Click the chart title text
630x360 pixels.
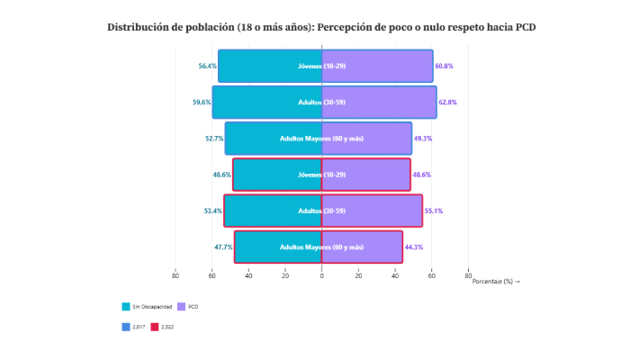(x=322, y=28)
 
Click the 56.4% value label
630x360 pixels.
(x=207, y=67)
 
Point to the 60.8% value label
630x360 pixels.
(x=445, y=67)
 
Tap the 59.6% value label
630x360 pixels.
(x=202, y=103)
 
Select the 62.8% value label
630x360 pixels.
(x=448, y=103)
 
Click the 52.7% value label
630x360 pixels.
(x=214, y=139)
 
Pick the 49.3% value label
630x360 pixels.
(x=423, y=139)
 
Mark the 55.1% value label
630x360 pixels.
(x=434, y=211)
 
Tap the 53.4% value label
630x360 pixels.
(x=213, y=211)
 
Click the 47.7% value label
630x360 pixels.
(x=223, y=247)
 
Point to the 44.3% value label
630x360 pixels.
(x=414, y=247)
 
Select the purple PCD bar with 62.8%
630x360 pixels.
(x=379, y=103)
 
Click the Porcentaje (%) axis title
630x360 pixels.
(x=496, y=282)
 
